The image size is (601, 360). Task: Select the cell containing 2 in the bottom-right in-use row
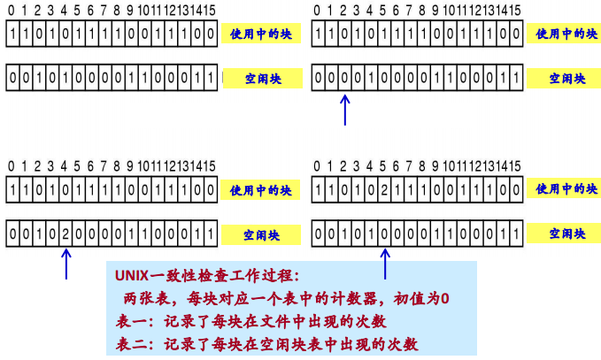[384, 189]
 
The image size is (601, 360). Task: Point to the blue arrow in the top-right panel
[345, 111]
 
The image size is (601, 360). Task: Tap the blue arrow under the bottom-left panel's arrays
[65, 264]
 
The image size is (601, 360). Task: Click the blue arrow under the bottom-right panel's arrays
[384, 264]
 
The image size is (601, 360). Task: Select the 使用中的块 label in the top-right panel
[566, 35]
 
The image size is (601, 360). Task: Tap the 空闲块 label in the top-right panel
[566, 79]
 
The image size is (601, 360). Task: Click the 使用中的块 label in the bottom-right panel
[566, 190]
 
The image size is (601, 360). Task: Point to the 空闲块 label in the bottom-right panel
[566, 234]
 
